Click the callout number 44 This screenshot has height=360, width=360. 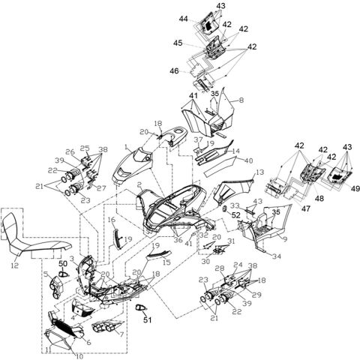[x=183, y=18]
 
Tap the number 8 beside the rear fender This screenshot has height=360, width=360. [x=241, y=100]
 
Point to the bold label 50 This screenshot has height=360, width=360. [x=63, y=265]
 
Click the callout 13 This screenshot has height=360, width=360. [x=260, y=172]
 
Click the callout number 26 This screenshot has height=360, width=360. [x=70, y=151]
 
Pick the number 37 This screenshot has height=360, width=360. [x=199, y=141]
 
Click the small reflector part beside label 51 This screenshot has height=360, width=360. [x=142, y=308]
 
